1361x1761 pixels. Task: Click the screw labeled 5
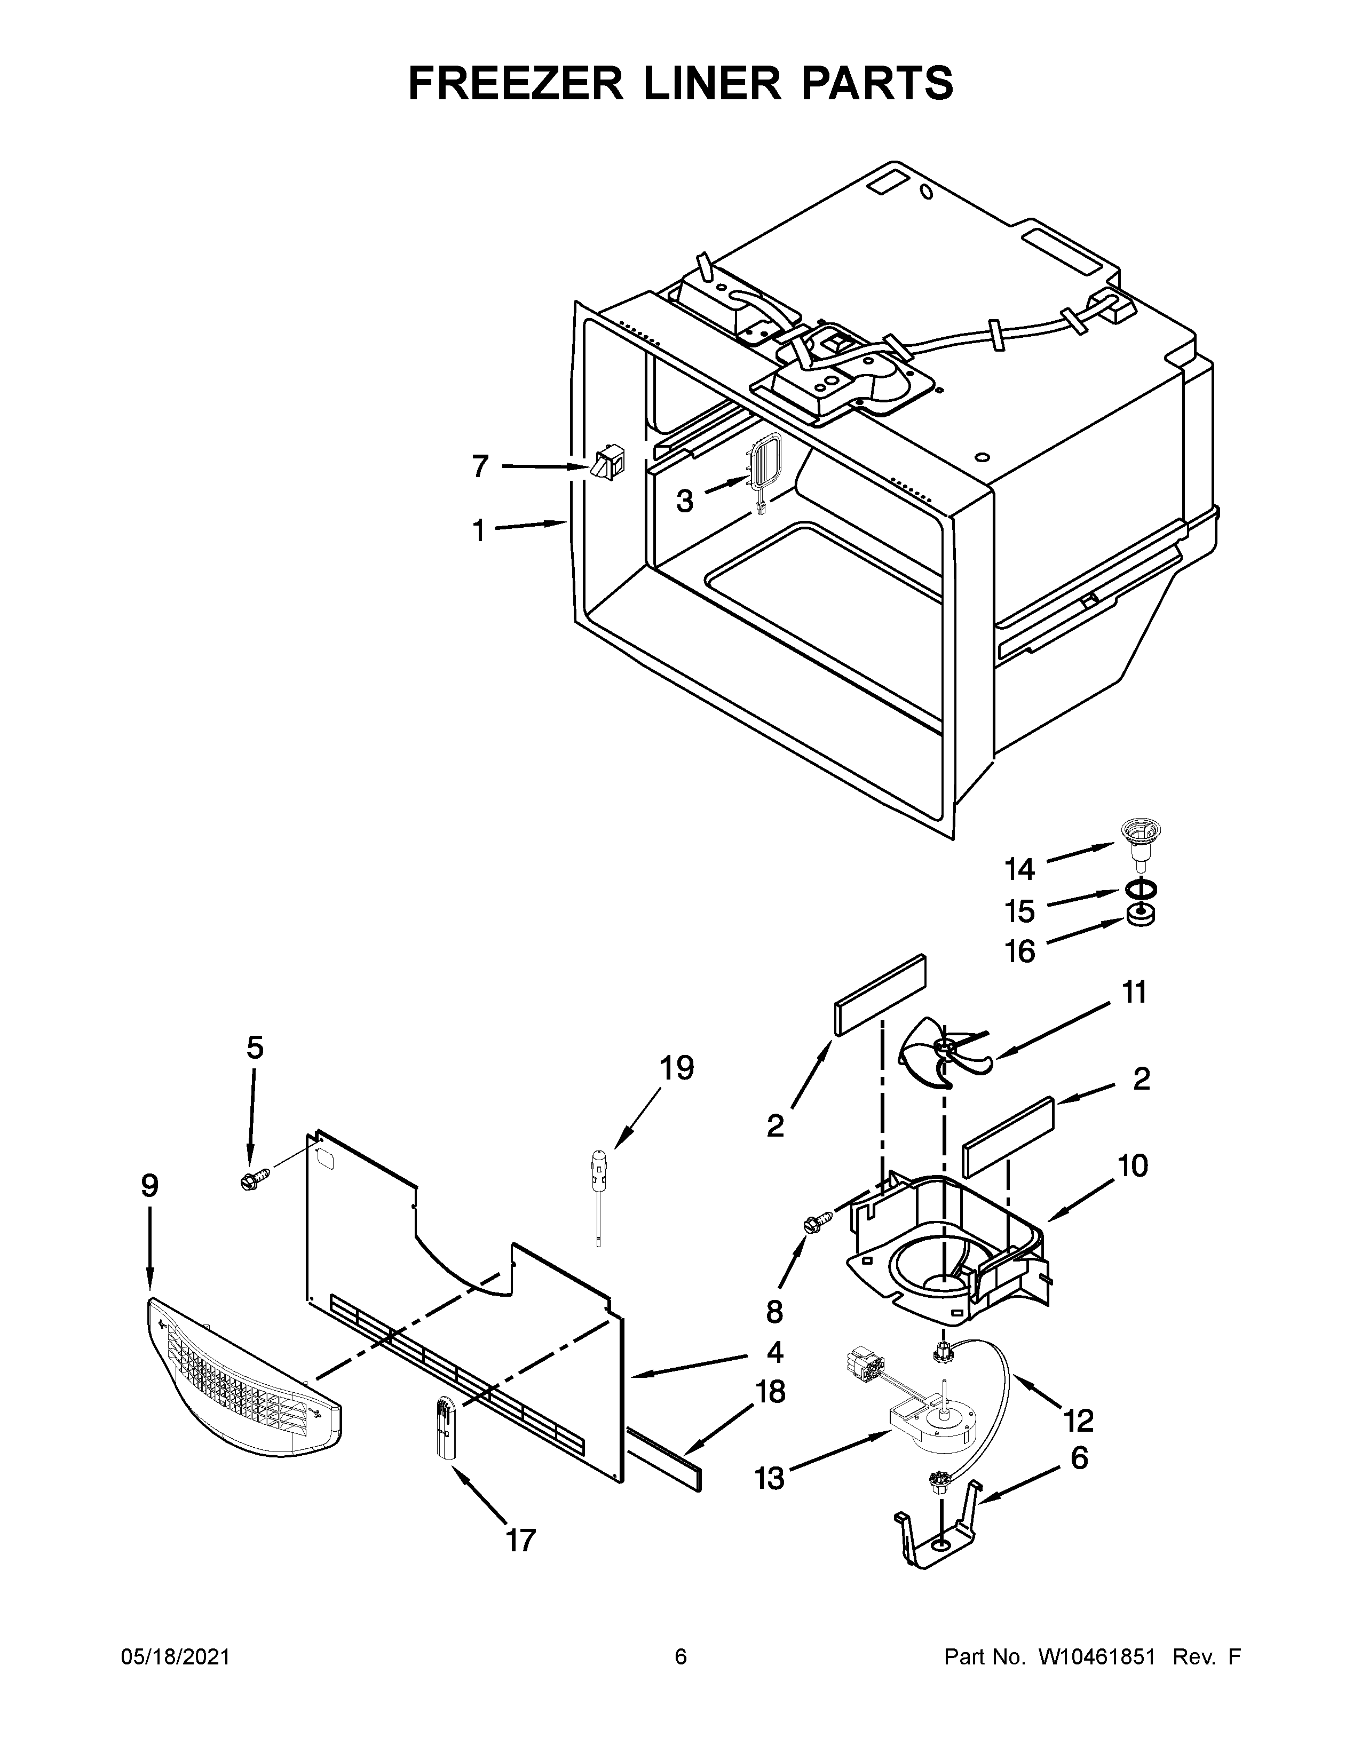[x=252, y=1182]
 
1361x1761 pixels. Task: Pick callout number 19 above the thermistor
[x=676, y=1068]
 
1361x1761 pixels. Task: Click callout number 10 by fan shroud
[x=1133, y=1165]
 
